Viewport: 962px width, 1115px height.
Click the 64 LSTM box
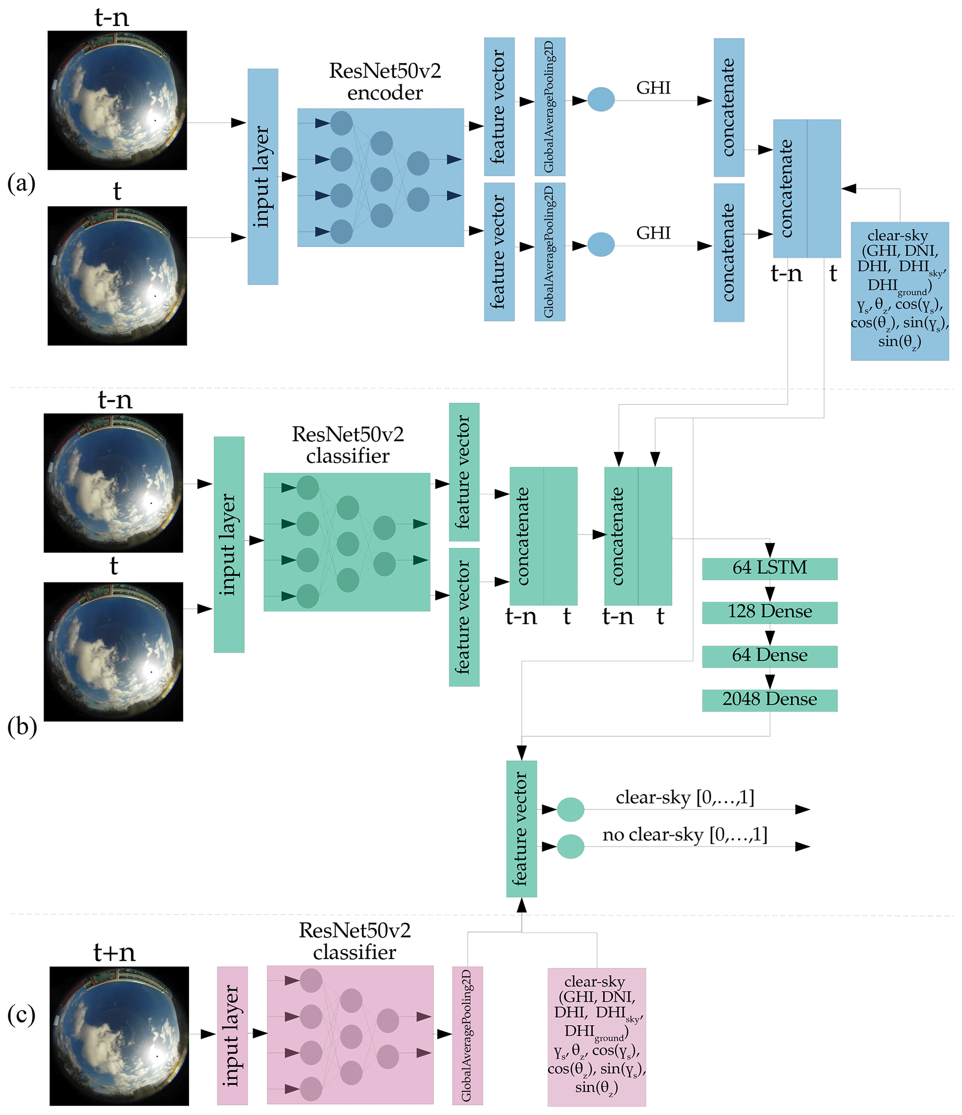point(769,568)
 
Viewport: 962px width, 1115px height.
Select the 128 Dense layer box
point(769,612)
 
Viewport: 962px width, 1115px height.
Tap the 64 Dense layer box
point(769,656)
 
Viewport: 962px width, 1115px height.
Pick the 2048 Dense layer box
point(769,700)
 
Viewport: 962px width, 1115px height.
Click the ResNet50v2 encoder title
point(384,81)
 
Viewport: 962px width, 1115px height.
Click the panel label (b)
point(21,727)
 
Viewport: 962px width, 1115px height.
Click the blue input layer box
point(262,176)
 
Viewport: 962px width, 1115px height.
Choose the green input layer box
point(229,544)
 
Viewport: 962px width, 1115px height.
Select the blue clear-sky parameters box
point(899,291)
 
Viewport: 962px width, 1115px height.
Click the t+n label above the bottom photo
point(114,953)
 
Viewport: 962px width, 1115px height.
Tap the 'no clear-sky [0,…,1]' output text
point(684,835)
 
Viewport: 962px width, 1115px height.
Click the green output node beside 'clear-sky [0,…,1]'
point(570,809)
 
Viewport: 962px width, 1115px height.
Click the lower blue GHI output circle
point(601,244)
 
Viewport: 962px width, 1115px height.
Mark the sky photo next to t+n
point(119,1035)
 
